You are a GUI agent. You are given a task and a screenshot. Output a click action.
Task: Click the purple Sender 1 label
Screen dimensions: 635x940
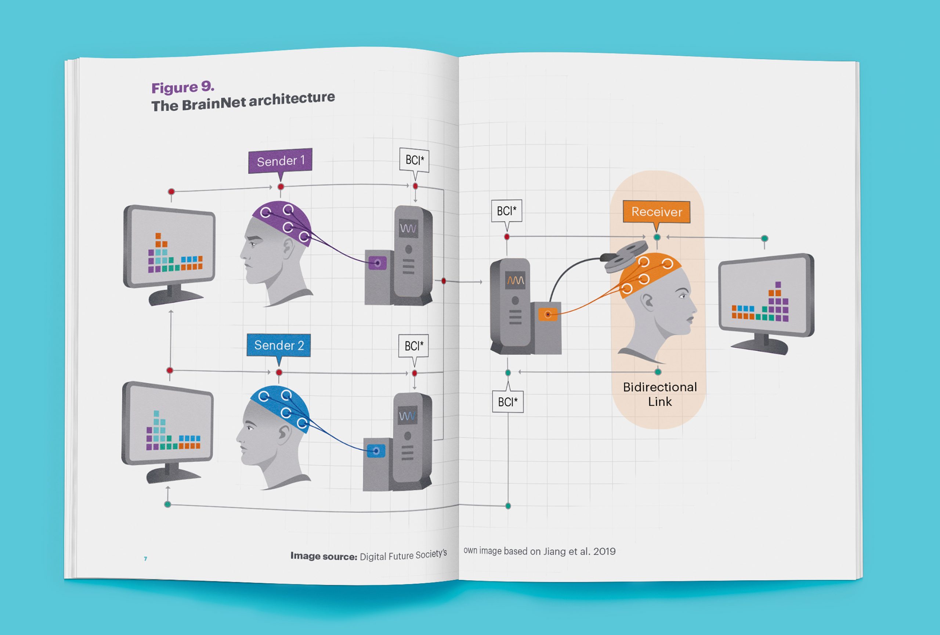[280, 161]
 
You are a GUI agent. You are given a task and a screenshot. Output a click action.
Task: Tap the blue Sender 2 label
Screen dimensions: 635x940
[279, 345]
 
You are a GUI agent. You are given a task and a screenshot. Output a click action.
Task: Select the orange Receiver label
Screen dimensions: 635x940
[657, 212]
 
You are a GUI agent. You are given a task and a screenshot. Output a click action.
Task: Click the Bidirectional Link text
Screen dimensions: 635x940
[660, 394]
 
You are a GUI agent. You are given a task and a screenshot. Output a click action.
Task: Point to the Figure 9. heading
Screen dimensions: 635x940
[183, 87]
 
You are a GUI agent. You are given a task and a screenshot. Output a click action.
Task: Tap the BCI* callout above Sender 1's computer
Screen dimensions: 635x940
[415, 160]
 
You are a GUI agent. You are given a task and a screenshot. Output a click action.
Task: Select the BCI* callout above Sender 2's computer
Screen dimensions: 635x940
[414, 346]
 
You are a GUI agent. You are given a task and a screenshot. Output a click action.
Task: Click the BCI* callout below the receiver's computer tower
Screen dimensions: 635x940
[507, 402]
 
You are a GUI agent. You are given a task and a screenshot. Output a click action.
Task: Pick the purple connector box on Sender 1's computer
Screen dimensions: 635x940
[377, 263]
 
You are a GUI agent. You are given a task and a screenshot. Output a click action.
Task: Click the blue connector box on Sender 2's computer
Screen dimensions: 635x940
[376, 451]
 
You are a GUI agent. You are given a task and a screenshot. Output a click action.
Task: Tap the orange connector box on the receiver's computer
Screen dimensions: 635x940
[547, 315]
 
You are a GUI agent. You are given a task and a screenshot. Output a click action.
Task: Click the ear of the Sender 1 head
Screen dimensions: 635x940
[288, 247]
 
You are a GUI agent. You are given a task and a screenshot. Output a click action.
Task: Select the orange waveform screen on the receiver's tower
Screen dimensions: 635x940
[515, 280]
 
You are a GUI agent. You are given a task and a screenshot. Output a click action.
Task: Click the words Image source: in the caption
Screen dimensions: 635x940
[323, 556]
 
